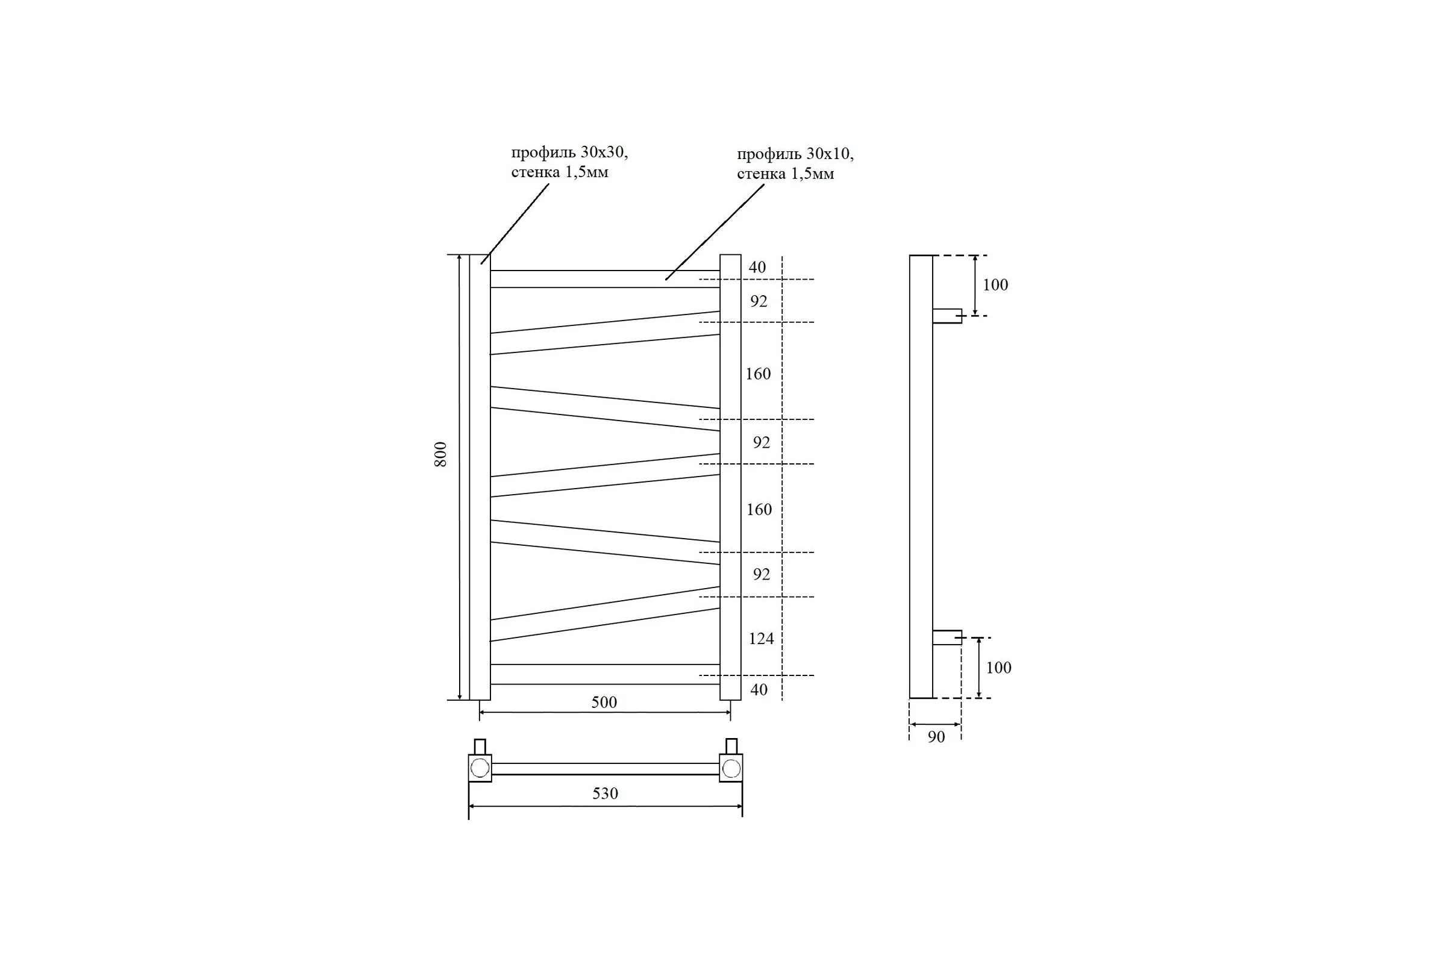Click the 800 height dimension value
(x=440, y=454)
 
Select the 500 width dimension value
(x=604, y=702)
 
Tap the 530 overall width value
(x=605, y=793)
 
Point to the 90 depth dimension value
(x=936, y=736)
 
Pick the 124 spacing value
(x=761, y=639)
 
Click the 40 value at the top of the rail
(x=757, y=268)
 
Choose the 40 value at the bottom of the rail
(x=759, y=690)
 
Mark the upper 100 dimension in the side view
(x=995, y=284)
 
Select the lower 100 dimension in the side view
(x=998, y=668)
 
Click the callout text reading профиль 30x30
(x=569, y=152)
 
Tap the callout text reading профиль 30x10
(x=795, y=154)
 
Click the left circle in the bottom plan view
(x=480, y=768)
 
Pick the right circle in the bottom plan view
(x=731, y=768)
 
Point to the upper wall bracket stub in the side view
(x=947, y=316)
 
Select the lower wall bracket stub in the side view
(x=947, y=637)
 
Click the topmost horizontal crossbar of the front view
(x=605, y=279)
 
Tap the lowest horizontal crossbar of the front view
(x=605, y=674)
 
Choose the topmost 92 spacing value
(x=759, y=301)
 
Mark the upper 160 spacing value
(x=758, y=374)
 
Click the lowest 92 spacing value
(x=761, y=574)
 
